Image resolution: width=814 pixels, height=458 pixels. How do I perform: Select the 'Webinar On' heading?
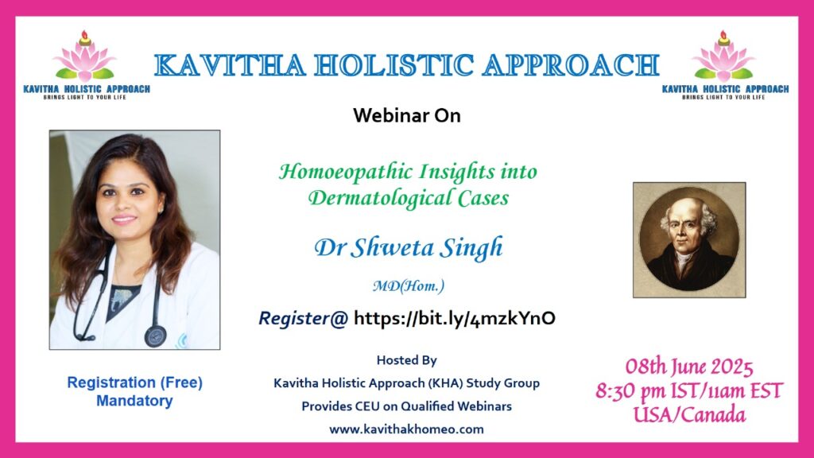tap(406, 115)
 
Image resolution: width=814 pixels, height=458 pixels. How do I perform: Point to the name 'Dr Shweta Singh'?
tap(409, 247)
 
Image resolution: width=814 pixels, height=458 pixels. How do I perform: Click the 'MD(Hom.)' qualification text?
tap(409, 285)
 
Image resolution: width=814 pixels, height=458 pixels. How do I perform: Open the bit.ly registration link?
tap(454, 318)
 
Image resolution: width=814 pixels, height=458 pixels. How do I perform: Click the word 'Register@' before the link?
tap(303, 318)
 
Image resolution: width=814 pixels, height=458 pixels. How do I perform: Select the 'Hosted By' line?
tap(406, 360)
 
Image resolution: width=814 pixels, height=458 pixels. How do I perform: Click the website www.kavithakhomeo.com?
tap(406, 429)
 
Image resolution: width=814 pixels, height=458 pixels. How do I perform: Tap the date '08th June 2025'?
tap(689, 367)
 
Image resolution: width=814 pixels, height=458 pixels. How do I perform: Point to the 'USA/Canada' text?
tap(689, 415)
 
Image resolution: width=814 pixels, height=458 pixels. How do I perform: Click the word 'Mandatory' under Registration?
tap(134, 401)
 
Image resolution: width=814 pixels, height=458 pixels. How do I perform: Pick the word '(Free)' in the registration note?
tap(180, 382)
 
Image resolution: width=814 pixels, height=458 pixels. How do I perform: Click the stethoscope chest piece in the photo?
tap(155, 336)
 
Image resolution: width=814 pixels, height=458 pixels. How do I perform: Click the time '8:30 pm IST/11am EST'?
tap(689, 391)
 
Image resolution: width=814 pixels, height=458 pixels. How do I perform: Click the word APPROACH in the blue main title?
tap(571, 65)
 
